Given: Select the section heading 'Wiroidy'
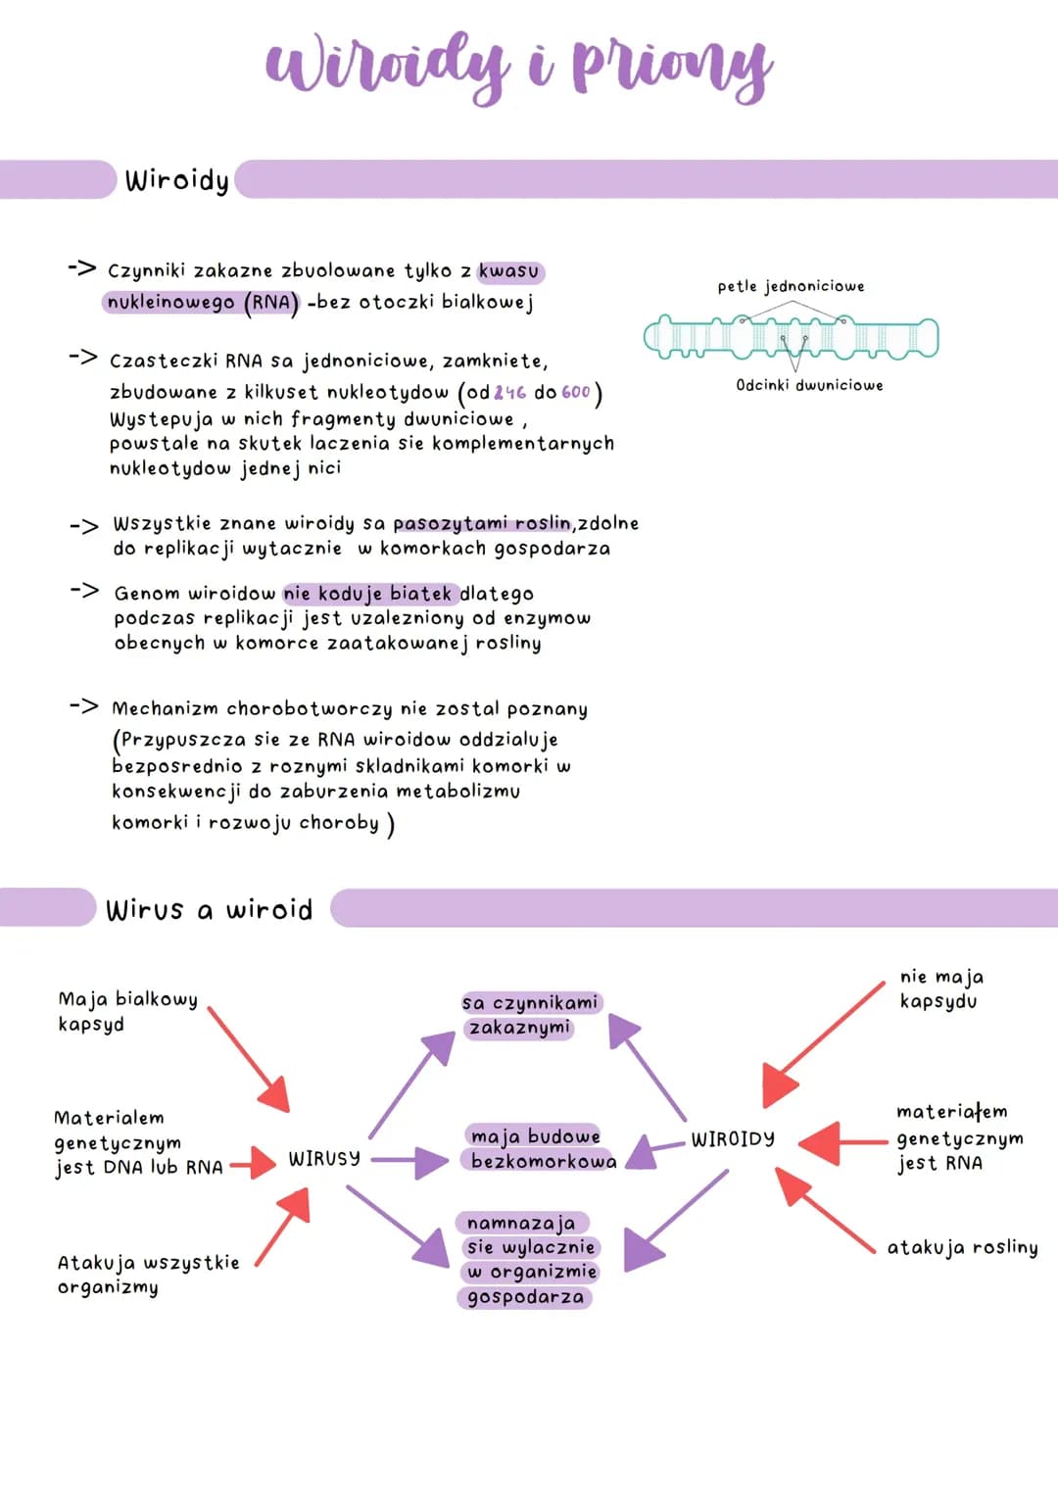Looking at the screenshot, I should (x=176, y=180).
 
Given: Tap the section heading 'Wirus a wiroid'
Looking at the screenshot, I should (x=209, y=910).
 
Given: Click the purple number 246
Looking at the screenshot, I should (x=509, y=393).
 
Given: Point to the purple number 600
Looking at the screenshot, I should (x=576, y=393).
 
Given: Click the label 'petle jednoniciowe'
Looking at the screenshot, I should (x=791, y=286).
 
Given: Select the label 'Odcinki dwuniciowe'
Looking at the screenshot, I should (x=809, y=386).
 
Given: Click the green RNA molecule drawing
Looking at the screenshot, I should (x=791, y=338).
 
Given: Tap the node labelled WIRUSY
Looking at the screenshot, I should (x=324, y=1159).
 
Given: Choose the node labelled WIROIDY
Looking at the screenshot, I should (x=733, y=1138).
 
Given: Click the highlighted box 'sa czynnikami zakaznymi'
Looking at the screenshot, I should (x=530, y=1015).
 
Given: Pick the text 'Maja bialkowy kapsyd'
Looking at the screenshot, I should (x=127, y=1011).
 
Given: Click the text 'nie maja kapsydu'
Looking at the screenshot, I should (x=941, y=989).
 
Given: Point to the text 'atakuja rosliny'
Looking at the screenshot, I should (x=962, y=1247).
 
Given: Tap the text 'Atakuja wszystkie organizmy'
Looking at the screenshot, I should (x=148, y=1274).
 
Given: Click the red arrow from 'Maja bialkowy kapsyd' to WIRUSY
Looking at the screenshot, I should (x=249, y=1059).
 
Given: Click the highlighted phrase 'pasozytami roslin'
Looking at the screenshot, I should (x=482, y=523).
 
